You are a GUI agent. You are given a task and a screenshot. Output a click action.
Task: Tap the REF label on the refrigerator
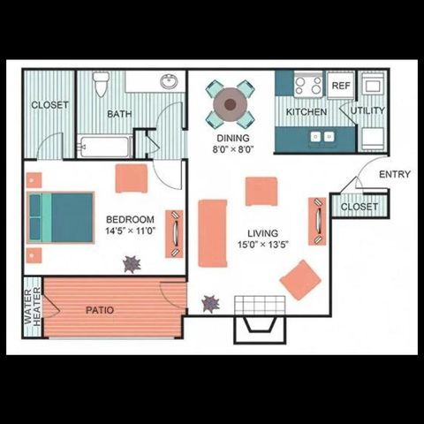coord(340,86)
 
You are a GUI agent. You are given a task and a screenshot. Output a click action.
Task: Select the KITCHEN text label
coord(307,112)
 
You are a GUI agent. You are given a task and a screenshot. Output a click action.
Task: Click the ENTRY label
coord(394,174)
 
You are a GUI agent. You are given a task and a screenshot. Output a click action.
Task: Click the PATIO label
coord(98,310)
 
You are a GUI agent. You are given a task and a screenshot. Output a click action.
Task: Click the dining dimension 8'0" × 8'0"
coord(232,151)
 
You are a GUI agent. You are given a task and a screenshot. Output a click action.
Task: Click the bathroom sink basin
coord(170,82)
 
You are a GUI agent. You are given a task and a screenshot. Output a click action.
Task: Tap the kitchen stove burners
coord(307,86)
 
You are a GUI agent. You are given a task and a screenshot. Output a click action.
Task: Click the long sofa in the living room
coord(213,233)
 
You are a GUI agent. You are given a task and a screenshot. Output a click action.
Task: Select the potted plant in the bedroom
coord(132,263)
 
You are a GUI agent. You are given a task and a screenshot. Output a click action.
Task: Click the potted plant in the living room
coord(210,303)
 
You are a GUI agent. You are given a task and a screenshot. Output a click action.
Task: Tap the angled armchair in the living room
coord(300,279)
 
